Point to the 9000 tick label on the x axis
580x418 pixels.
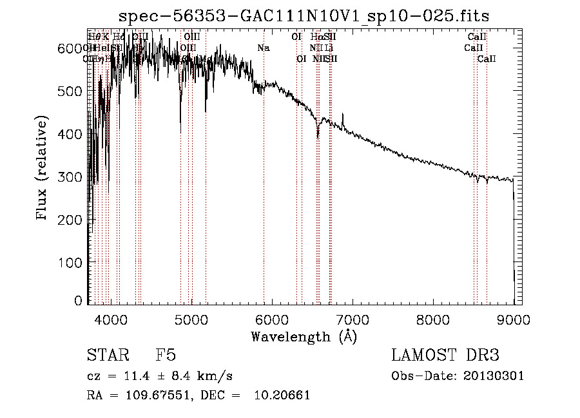point(513,319)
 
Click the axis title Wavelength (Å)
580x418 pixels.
point(304,336)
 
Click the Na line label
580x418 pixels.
point(263,48)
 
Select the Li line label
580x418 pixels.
point(329,48)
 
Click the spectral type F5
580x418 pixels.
point(166,356)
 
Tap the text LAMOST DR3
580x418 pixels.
point(445,356)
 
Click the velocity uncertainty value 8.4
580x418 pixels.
point(174,376)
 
